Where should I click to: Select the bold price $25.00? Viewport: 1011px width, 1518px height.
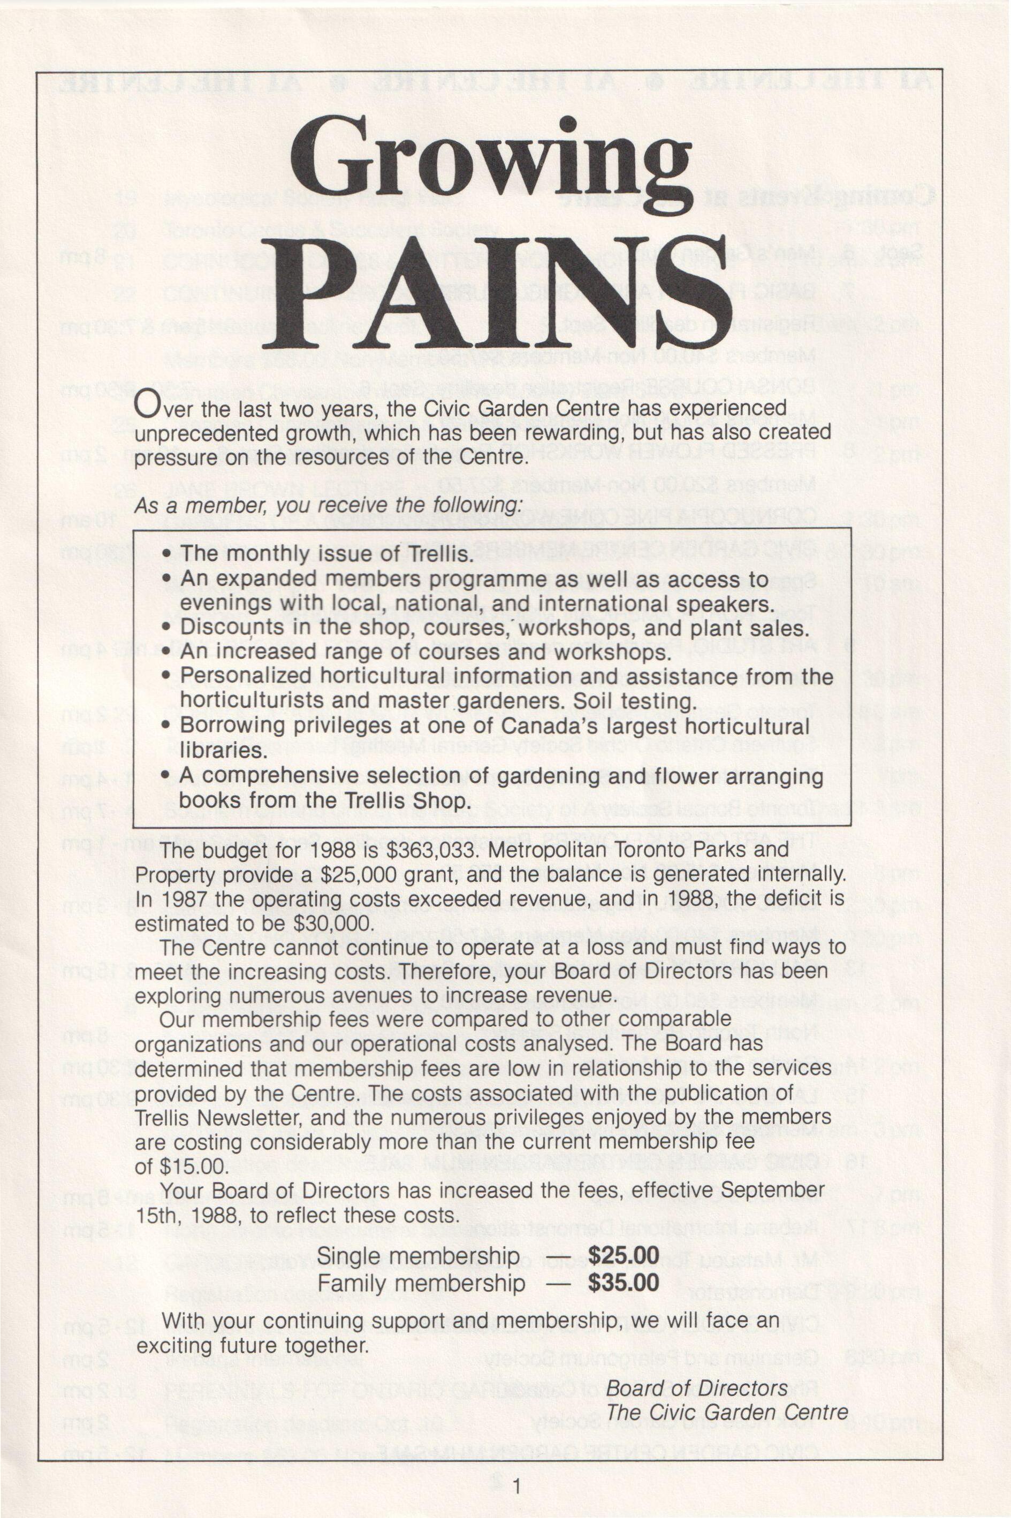click(624, 1255)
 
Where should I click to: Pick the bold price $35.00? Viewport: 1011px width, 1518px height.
click(624, 1282)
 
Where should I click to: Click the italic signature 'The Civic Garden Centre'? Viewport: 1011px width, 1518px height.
click(727, 1412)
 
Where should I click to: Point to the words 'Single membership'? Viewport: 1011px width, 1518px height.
click(418, 1256)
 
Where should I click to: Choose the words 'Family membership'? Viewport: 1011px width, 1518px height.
click(421, 1283)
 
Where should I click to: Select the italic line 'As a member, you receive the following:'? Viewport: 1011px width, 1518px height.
click(328, 505)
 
